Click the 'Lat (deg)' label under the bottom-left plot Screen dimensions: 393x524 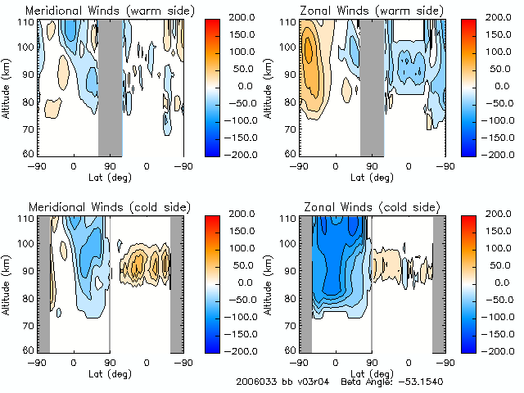(110, 374)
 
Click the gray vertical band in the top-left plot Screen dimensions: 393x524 (111, 86)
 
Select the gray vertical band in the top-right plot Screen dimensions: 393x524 (373, 86)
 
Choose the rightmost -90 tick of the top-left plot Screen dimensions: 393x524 (183, 165)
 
